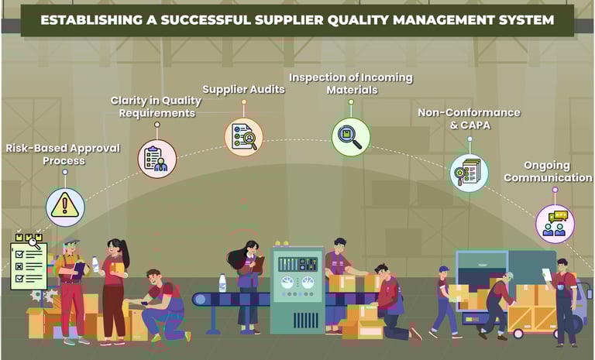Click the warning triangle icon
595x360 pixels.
click(x=64, y=206)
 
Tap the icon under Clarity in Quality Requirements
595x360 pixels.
click(x=157, y=158)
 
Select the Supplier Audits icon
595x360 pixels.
click(x=244, y=136)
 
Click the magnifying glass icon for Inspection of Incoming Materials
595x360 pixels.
click(x=350, y=136)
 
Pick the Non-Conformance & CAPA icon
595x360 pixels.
click(x=469, y=172)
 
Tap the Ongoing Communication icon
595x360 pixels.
click(x=555, y=223)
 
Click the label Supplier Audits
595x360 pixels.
click(x=243, y=89)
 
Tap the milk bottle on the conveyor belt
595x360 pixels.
click(x=222, y=283)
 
